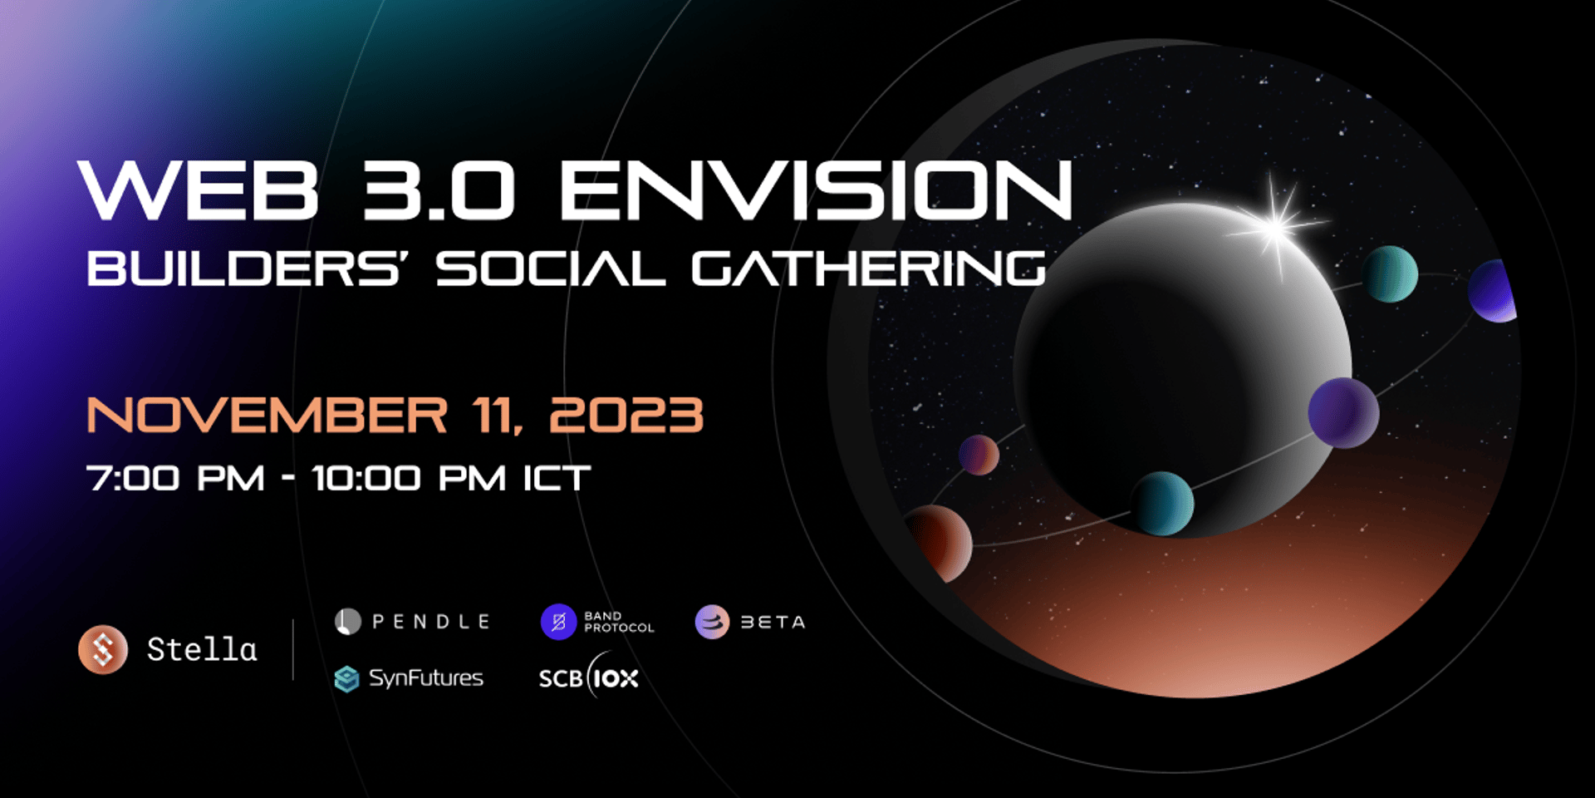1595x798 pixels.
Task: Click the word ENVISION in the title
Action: coord(816,190)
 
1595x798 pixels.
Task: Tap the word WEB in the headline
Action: coord(199,190)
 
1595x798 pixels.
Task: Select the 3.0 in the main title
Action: coord(439,190)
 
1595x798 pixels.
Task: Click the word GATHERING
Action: coord(868,268)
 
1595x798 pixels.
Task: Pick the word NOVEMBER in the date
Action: coord(267,415)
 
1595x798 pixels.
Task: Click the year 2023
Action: coord(626,415)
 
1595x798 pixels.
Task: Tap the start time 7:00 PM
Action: coord(175,478)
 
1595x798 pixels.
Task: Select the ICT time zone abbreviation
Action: coord(557,478)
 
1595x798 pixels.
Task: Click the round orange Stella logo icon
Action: coord(103,649)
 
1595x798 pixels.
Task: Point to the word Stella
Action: coord(202,649)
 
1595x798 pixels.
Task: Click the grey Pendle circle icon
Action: coord(348,622)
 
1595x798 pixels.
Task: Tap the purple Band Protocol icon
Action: coord(559,622)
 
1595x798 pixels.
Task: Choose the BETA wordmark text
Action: coord(773,622)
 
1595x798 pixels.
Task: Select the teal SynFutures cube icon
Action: coord(346,679)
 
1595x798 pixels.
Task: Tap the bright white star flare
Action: coord(1275,223)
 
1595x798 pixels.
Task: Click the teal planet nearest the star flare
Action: coord(1390,273)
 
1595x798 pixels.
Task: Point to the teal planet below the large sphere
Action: coord(1161,503)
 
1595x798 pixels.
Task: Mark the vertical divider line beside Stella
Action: coord(293,649)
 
